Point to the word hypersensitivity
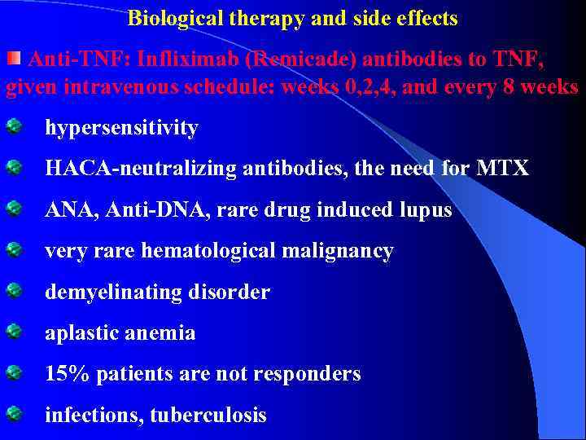coord(121,128)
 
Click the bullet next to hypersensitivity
coord(14,126)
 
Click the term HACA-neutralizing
coord(128,169)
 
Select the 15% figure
coord(61,374)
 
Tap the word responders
coord(308,374)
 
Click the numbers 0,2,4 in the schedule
coord(369,87)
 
